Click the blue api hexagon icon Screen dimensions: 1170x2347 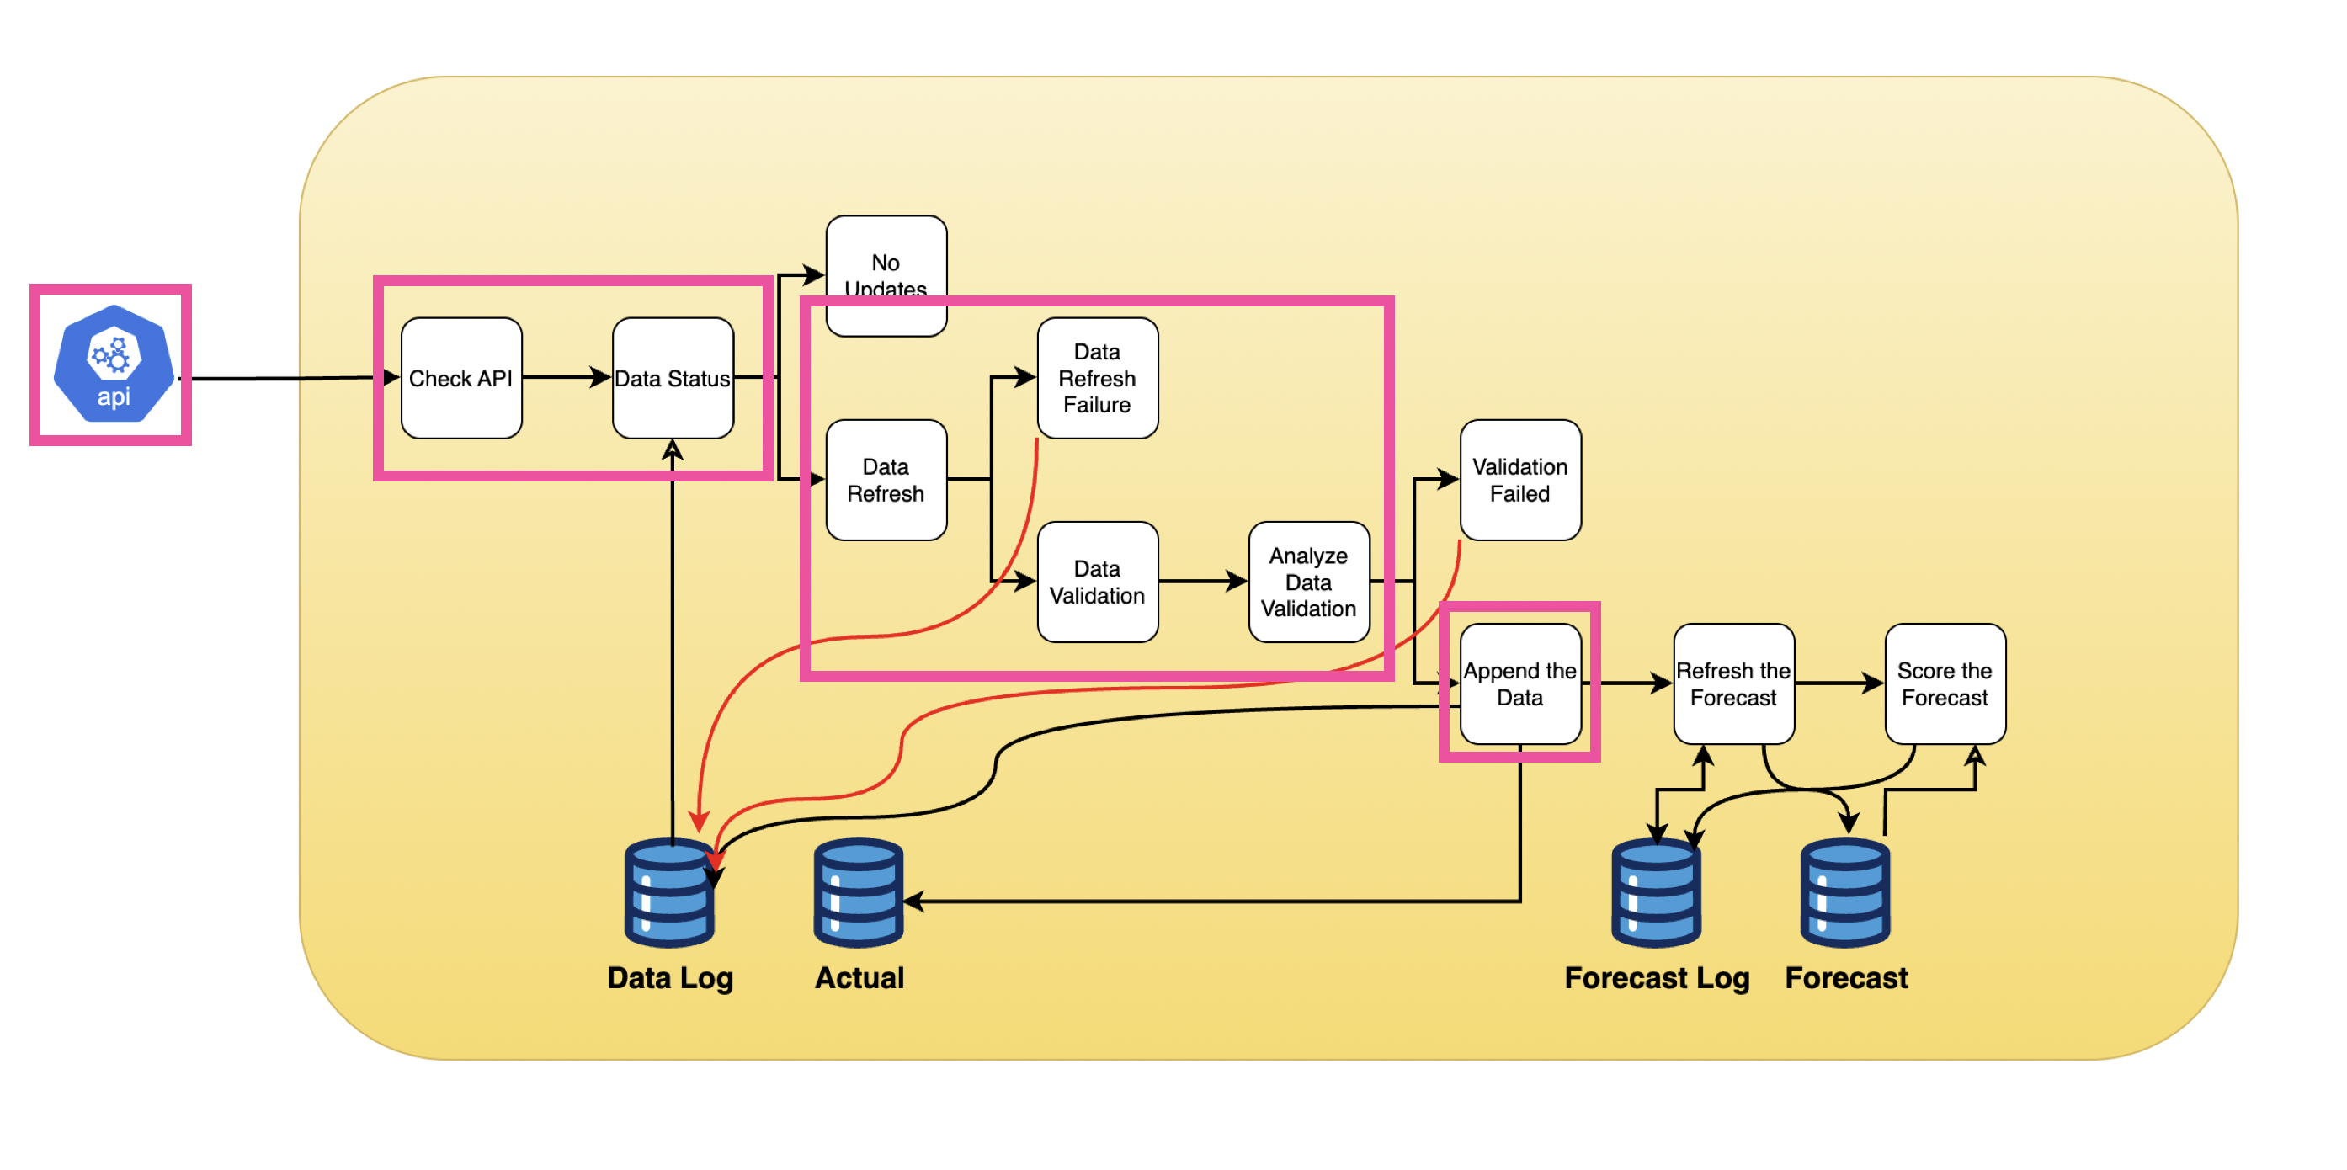[x=113, y=364]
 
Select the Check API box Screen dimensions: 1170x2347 [x=461, y=378]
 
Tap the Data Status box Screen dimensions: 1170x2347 [x=673, y=378]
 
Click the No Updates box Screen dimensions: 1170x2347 [x=886, y=264]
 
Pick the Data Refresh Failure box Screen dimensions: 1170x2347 [x=1097, y=378]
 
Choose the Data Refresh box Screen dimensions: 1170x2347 [x=886, y=481]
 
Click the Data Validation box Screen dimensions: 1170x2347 [x=1097, y=582]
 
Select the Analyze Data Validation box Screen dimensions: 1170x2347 [x=1308, y=582]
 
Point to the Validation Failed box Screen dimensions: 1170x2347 [x=1519, y=481]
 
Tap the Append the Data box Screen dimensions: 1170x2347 [x=1519, y=684]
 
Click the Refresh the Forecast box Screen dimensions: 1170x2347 [x=1733, y=684]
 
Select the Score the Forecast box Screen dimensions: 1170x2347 [x=1945, y=684]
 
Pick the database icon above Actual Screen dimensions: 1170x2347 [x=859, y=893]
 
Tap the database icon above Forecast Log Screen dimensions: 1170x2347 [x=1656, y=893]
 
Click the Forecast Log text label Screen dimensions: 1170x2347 [x=1657, y=978]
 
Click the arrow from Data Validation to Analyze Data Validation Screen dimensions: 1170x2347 [x=1203, y=582]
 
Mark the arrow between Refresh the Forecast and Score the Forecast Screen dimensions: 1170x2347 [x=1839, y=683]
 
